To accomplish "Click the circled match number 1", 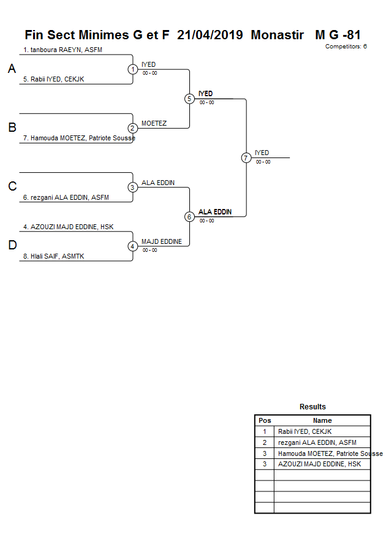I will [133, 69].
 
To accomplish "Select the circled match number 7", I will [246, 158].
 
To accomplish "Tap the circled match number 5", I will [189, 99].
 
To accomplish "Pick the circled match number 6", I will [189, 216].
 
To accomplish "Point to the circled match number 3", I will [133, 187].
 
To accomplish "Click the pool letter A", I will [12, 69].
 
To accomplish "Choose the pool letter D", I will [12, 246].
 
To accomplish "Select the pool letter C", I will [12, 187].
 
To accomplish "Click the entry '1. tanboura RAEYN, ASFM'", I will [62, 50].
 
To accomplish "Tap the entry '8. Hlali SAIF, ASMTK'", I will [58, 257].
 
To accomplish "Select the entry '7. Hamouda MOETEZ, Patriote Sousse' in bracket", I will [79, 138].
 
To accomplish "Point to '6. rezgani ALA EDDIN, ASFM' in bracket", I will [66, 197].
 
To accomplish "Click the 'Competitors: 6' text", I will [346, 47].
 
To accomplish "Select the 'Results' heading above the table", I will [312, 407].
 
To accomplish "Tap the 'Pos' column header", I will [265, 420].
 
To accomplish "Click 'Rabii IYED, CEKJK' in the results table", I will [305, 431].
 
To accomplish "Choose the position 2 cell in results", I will [265, 442].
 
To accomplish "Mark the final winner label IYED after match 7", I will [262, 153].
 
